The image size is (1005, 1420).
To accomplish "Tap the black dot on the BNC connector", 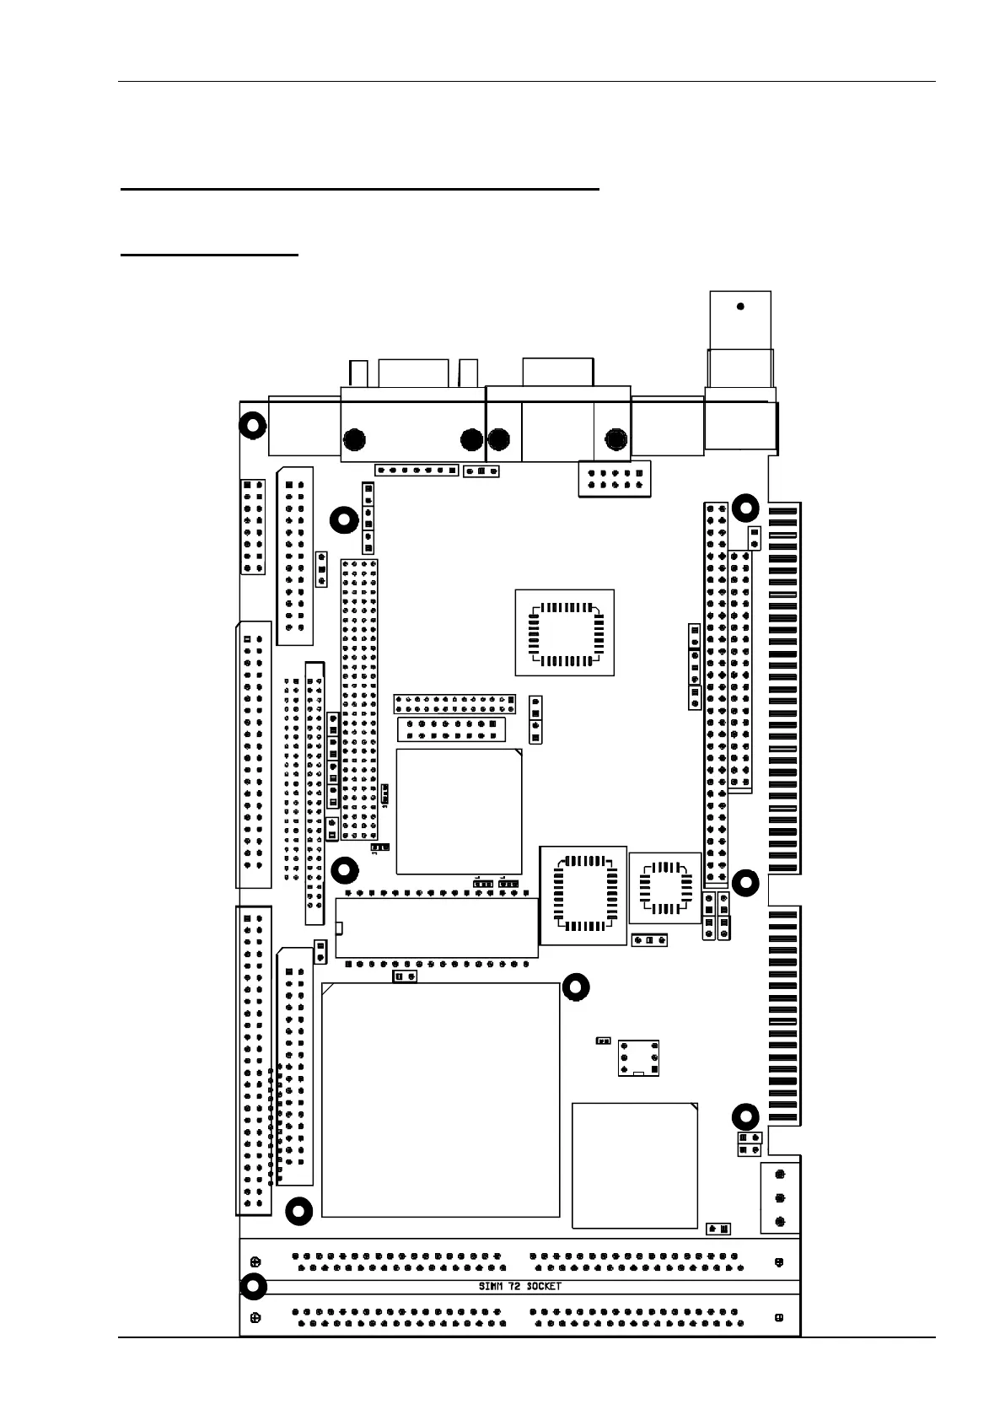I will (x=740, y=306).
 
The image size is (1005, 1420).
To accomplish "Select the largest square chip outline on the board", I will (x=440, y=1100).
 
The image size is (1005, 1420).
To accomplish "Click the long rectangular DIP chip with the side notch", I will (x=437, y=928).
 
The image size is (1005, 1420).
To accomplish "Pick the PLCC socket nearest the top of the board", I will (x=564, y=632).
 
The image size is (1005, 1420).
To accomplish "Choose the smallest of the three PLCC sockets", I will (x=665, y=887).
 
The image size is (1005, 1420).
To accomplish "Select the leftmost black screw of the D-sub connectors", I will (x=355, y=439).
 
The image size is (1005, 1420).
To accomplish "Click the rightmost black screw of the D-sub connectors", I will (x=616, y=439).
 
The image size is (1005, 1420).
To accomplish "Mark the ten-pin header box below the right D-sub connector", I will (x=615, y=479).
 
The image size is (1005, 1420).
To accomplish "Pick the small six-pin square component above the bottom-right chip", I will (x=638, y=1057).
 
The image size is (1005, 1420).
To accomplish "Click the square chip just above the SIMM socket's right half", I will (x=634, y=1165).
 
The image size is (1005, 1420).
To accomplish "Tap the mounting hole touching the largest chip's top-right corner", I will (x=577, y=987).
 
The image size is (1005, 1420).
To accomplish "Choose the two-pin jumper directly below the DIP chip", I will (x=405, y=976).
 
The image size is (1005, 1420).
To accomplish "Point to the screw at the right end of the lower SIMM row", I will (x=778, y=1317).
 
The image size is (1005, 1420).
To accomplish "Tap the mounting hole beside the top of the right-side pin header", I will (x=744, y=508).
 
